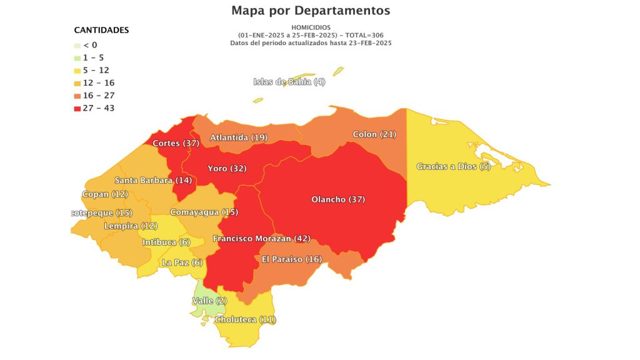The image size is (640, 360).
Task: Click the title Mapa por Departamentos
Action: (311, 11)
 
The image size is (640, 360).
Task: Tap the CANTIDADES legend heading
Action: (101, 30)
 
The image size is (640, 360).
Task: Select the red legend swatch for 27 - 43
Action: (77, 108)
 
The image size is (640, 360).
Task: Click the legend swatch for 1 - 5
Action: (77, 57)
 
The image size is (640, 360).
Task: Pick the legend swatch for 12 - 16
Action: (77, 83)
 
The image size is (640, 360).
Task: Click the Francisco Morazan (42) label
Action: (261, 239)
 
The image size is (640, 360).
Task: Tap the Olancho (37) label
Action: (337, 199)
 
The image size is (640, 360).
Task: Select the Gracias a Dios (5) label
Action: (453, 166)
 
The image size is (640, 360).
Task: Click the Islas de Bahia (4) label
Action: (289, 82)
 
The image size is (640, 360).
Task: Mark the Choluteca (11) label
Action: (245, 319)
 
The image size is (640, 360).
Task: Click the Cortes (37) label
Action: (175, 143)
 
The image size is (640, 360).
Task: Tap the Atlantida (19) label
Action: (238, 137)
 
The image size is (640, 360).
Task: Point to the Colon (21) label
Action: (374, 134)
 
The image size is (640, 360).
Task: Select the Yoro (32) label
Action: (227, 168)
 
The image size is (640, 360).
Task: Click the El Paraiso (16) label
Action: (291, 259)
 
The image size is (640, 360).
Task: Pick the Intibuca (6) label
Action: (166, 242)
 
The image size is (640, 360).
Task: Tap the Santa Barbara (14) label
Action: (152, 181)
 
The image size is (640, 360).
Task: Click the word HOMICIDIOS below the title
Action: (311, 27)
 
